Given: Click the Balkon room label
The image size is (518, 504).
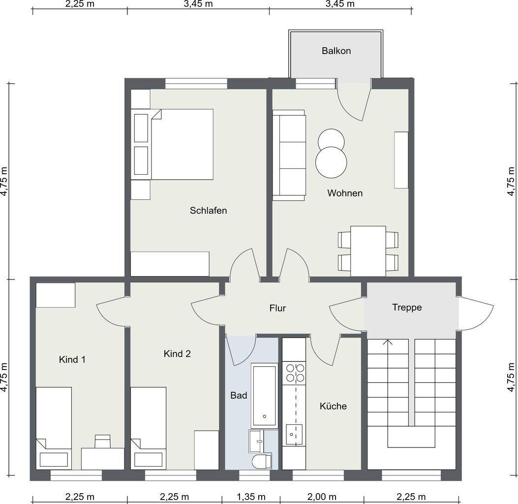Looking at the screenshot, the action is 336,51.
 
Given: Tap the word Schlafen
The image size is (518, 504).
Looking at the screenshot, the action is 208,211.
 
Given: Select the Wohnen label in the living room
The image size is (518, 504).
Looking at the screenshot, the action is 345,193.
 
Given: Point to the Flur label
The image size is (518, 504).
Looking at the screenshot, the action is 277,308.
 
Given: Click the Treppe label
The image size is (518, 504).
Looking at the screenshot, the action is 407,307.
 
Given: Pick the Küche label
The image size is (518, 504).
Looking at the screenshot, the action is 333,406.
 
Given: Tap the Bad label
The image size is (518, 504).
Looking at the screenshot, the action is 239,395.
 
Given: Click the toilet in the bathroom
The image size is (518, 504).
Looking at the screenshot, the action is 262,461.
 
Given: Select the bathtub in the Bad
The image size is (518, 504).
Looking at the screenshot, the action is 264,396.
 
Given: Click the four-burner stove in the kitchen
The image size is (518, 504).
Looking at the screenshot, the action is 295,373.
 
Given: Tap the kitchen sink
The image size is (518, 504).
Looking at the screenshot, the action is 294,434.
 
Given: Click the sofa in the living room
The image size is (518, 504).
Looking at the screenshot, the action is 289,156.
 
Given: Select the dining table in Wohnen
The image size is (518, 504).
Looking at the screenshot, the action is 368,251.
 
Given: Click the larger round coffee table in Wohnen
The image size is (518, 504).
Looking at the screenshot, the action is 331,162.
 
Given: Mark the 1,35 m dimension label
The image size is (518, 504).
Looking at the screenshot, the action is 251,497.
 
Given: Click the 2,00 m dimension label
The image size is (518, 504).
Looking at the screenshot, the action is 322,497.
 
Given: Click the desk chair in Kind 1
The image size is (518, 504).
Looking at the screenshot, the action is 102,441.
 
